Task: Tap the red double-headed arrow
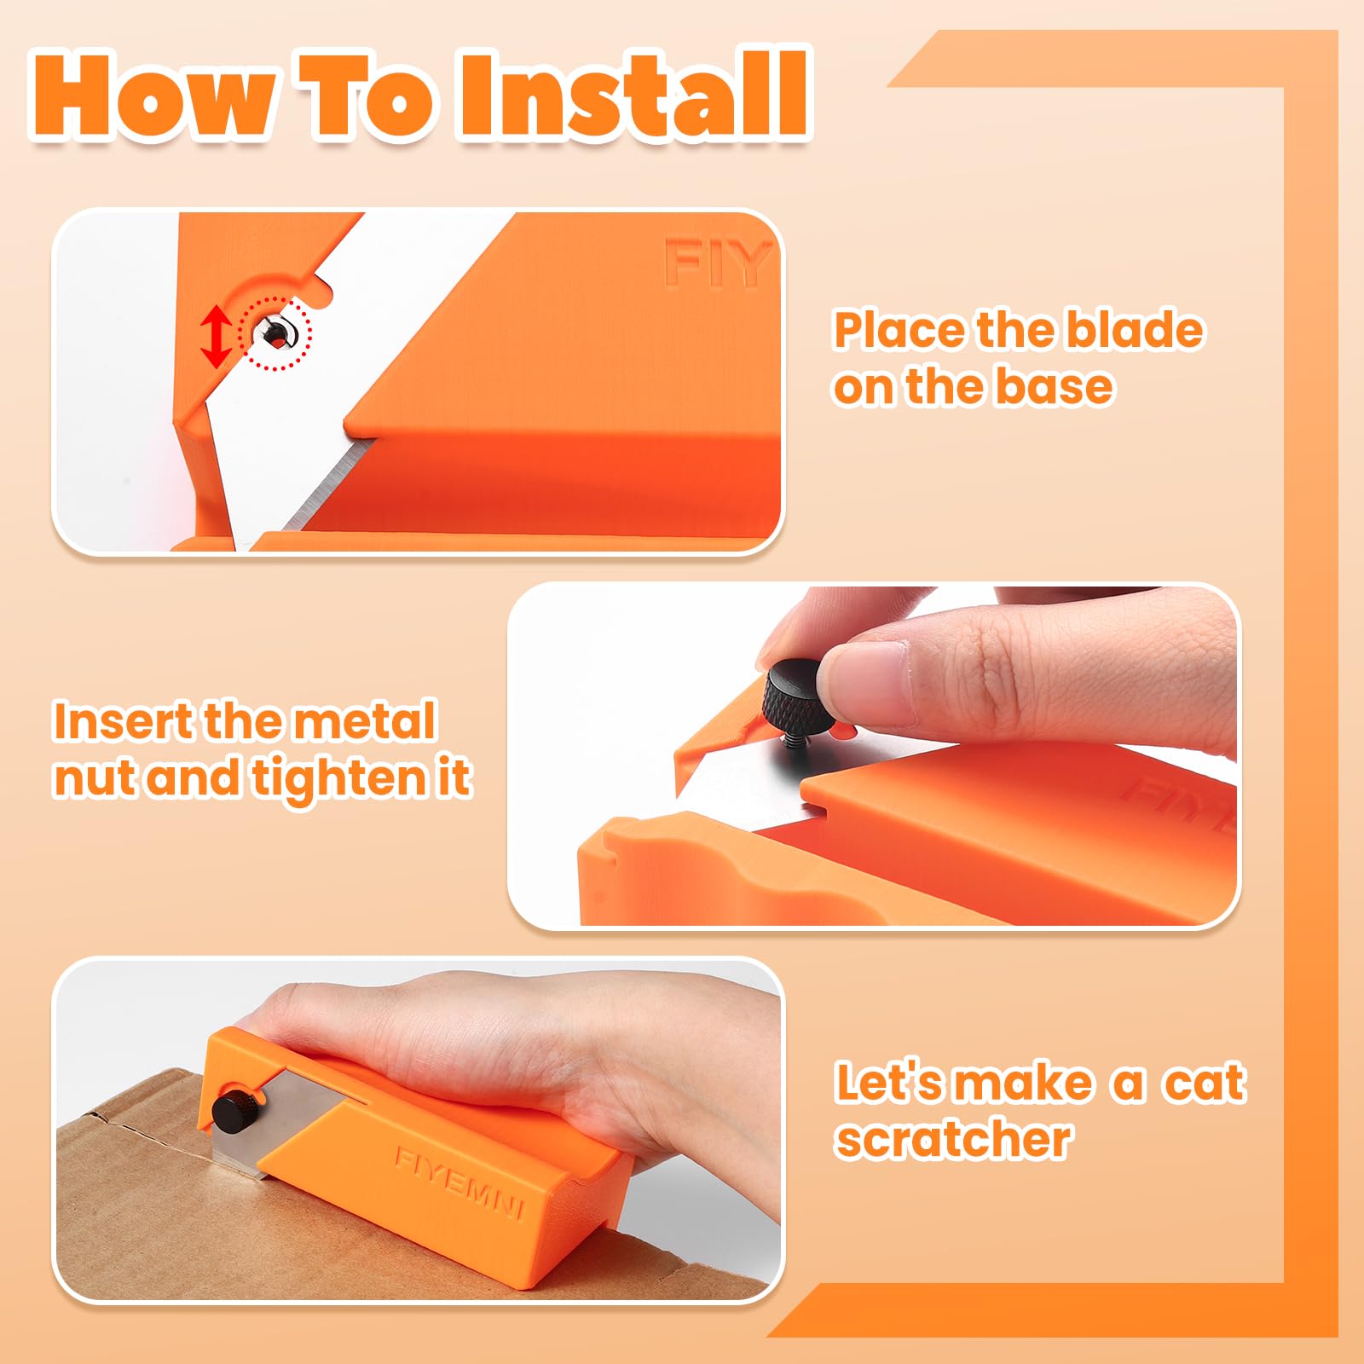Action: (217, 337)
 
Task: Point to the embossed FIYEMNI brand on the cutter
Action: (459, 1182)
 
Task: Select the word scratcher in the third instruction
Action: (953, 1140)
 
